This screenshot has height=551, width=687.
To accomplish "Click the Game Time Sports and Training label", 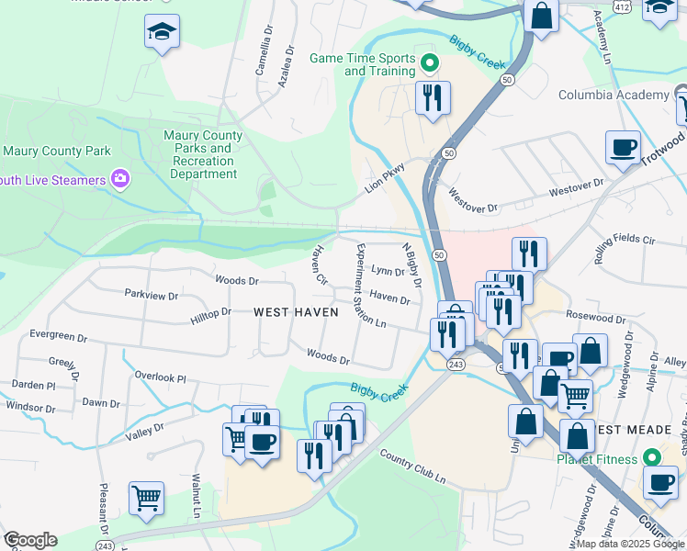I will coord(363,63).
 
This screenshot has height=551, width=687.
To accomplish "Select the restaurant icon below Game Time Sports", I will coord(433,96).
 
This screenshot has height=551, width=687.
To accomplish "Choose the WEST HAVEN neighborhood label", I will coord(296,312).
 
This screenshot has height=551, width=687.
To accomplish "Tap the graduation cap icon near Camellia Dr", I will coord(162,33).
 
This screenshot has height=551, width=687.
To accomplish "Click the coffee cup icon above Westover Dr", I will coord(623,147).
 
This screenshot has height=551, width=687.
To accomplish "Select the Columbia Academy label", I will coord(614,96).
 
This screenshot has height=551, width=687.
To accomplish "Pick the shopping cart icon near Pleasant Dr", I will coord(146,499).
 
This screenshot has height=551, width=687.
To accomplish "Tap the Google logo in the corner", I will coord(29,540).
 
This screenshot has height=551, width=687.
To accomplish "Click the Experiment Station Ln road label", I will coord(368,286).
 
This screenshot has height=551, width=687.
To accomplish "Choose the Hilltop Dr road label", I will coord(211,314).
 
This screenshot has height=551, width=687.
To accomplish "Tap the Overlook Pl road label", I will coord(160,377).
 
